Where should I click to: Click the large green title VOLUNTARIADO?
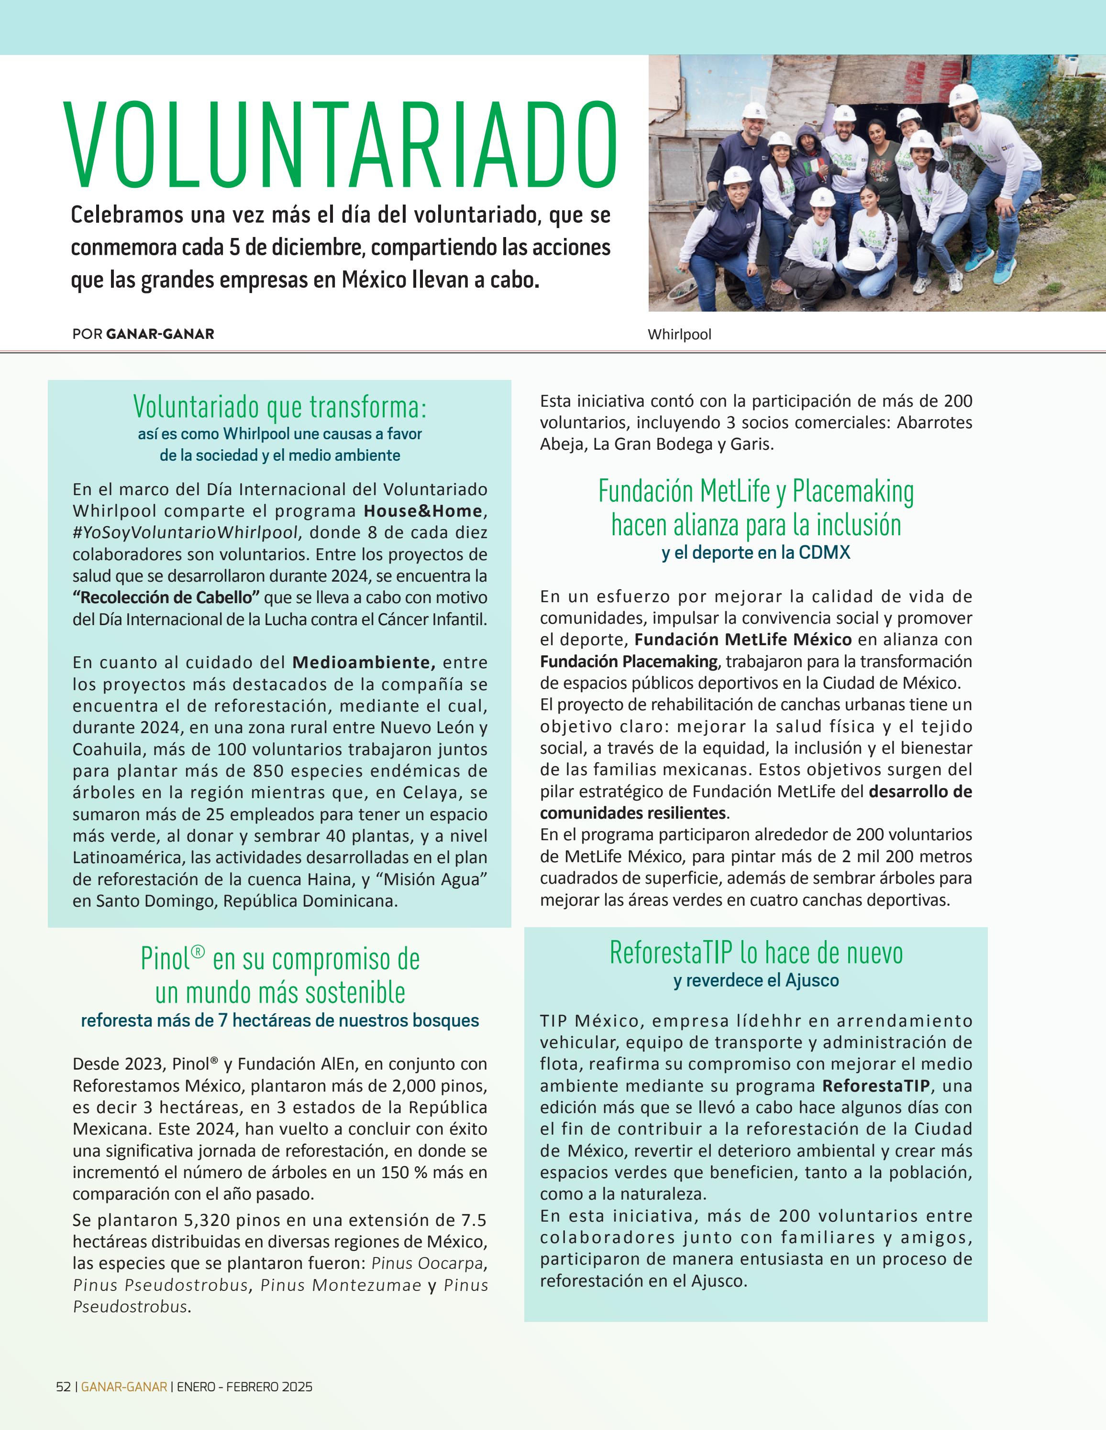click(x=341, y=145)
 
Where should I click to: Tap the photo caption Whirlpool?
click(x=679, y=335)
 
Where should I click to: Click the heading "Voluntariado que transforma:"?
click(x=280, y=407)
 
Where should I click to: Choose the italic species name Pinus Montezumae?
click(x=341, y=1285)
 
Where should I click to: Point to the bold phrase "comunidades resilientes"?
click(x=633, y=813)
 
